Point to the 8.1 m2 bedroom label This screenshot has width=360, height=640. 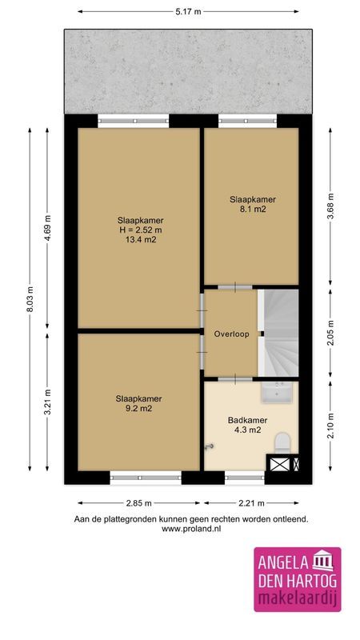[x=247, y=209]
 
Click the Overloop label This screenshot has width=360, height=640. [x=230, y=334]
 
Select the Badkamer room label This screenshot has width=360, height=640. [x=247, y=420]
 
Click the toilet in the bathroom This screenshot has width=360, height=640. [x=281, y=441]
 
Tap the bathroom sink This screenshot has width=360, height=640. [x=280, y=391]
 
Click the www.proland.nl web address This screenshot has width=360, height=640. [x=190, y=529]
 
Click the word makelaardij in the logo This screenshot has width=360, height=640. [x=297, y=601]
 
